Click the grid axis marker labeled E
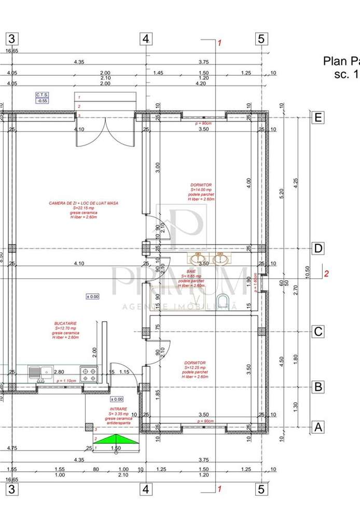point(318,118)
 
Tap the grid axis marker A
point(318,427)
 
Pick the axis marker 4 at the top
point(146,39)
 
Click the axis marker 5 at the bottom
point(261,489)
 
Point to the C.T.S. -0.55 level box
point(42,98)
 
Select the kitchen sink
point(40,372)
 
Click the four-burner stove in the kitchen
point(89,373)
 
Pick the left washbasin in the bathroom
point(198,258)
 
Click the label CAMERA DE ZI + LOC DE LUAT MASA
point(84,203)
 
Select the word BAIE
point(191,271)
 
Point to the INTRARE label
point(119,409)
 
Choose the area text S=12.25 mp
point(195,367)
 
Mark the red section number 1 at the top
point(219,43)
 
